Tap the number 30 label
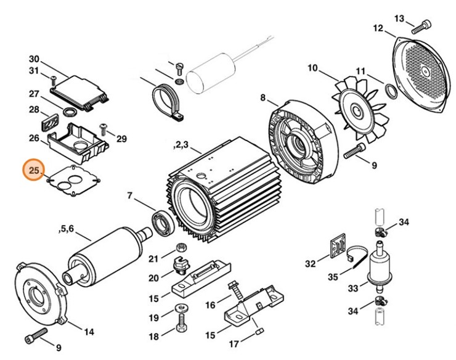34,59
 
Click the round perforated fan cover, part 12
423,74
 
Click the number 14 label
89,332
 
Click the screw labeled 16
235,289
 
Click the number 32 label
310,264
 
